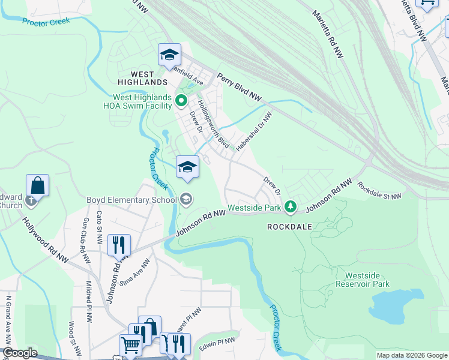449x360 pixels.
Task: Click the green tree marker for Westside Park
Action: (291, 207)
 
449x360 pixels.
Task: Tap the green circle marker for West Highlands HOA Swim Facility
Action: (181, 101)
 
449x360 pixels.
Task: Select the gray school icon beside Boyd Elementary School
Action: (186, 199)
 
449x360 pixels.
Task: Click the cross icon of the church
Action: (31, 201)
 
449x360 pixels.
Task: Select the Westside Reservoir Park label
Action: (363, 280)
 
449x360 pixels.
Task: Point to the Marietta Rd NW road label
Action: (328, 34)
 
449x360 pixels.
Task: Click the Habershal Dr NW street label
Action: (254, 130)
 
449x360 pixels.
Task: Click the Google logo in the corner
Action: (20, 353)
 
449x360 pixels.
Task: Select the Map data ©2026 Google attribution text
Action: (411, 355)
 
